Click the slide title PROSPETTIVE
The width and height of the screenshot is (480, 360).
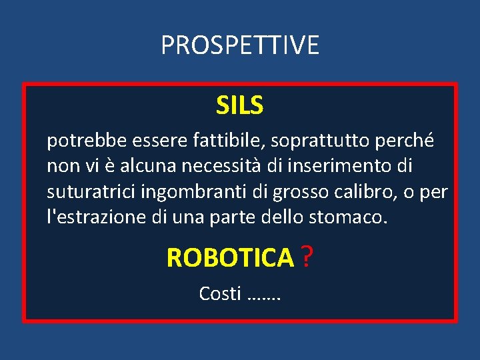pyautogui.click(x=240, y=45)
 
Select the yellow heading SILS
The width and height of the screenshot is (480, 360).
pyautogui.click(x=240, y=105)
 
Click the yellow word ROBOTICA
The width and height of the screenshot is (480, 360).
pyautogui.click(x=229, y=257)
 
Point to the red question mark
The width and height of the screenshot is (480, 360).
pyautogui.click(x=307, y=257)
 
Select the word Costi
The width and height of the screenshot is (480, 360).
pyautogui.click(x=219, y=293)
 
